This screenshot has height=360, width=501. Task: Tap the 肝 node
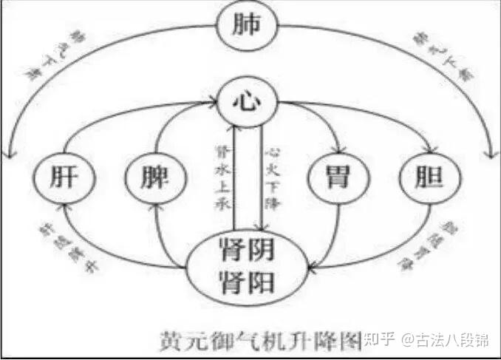coord(62,178)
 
